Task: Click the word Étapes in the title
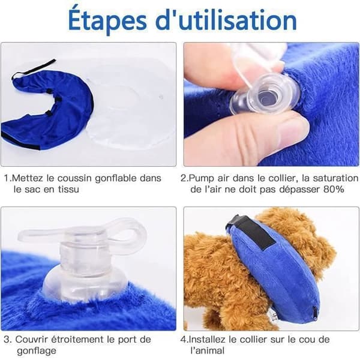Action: tap(107, 20)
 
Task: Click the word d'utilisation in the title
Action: tap(226, 20)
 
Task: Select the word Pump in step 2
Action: tap(202, 178)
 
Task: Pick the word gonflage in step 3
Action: tap(36, 351)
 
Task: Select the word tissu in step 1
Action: tap(68, 190)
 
